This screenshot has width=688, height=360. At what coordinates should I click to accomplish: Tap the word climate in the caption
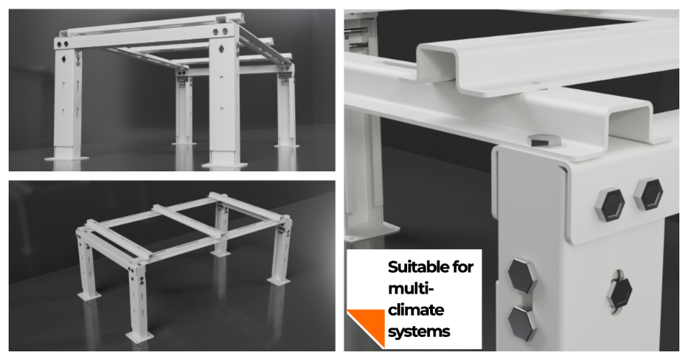tap(416, 310)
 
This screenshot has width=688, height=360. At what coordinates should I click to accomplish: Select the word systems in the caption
tap(419, 331)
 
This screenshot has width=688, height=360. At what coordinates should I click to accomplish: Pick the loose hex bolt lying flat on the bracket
tap(544, 140)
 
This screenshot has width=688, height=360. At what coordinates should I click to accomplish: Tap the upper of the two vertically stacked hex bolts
tap(522, 276)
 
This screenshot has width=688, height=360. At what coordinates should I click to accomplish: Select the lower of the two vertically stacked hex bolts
tap(523, 323)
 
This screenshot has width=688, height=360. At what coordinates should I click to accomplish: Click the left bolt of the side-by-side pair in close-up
tap(610, 204)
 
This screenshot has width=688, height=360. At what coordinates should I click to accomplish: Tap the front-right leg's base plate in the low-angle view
tap(224, 165)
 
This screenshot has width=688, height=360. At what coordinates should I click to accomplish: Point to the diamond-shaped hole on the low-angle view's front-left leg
tap(64, 59)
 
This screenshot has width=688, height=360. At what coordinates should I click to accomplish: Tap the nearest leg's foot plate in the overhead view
tap(140, 337)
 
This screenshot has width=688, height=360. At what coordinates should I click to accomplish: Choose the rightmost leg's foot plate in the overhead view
tap(278, 281)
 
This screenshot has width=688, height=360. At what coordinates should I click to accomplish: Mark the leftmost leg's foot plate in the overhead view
tap(89, 296)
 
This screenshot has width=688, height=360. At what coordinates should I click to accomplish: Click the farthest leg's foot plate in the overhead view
tap(220, 253)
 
